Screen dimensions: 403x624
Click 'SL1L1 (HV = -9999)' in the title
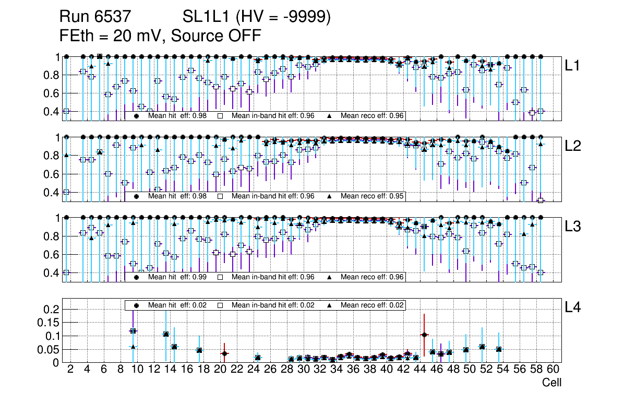point(257,17)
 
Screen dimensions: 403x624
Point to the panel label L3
point(572,227)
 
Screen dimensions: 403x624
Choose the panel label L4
point(572,307)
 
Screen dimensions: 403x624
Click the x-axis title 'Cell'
point(551,383)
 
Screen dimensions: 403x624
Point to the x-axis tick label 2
point(70,370)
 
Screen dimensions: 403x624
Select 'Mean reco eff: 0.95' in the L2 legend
point(373,196)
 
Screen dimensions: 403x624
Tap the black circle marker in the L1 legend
point(137,115)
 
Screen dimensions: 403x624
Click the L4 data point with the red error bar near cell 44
point(424,335)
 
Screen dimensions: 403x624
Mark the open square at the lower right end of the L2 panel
point(541,200)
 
